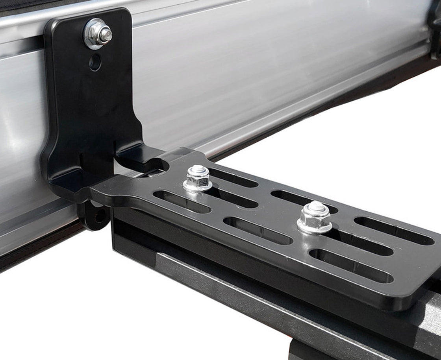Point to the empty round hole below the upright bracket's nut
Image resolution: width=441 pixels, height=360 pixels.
pos(95,62)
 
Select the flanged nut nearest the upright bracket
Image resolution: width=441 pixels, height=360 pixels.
pos(198,179)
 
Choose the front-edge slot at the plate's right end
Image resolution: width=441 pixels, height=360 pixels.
pos(350,266)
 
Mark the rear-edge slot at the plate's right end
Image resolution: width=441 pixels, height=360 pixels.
pos(393,231)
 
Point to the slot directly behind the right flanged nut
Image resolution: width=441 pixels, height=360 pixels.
pos(303,201)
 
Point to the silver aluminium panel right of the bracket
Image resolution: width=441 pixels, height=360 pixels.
pos(276,79)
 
